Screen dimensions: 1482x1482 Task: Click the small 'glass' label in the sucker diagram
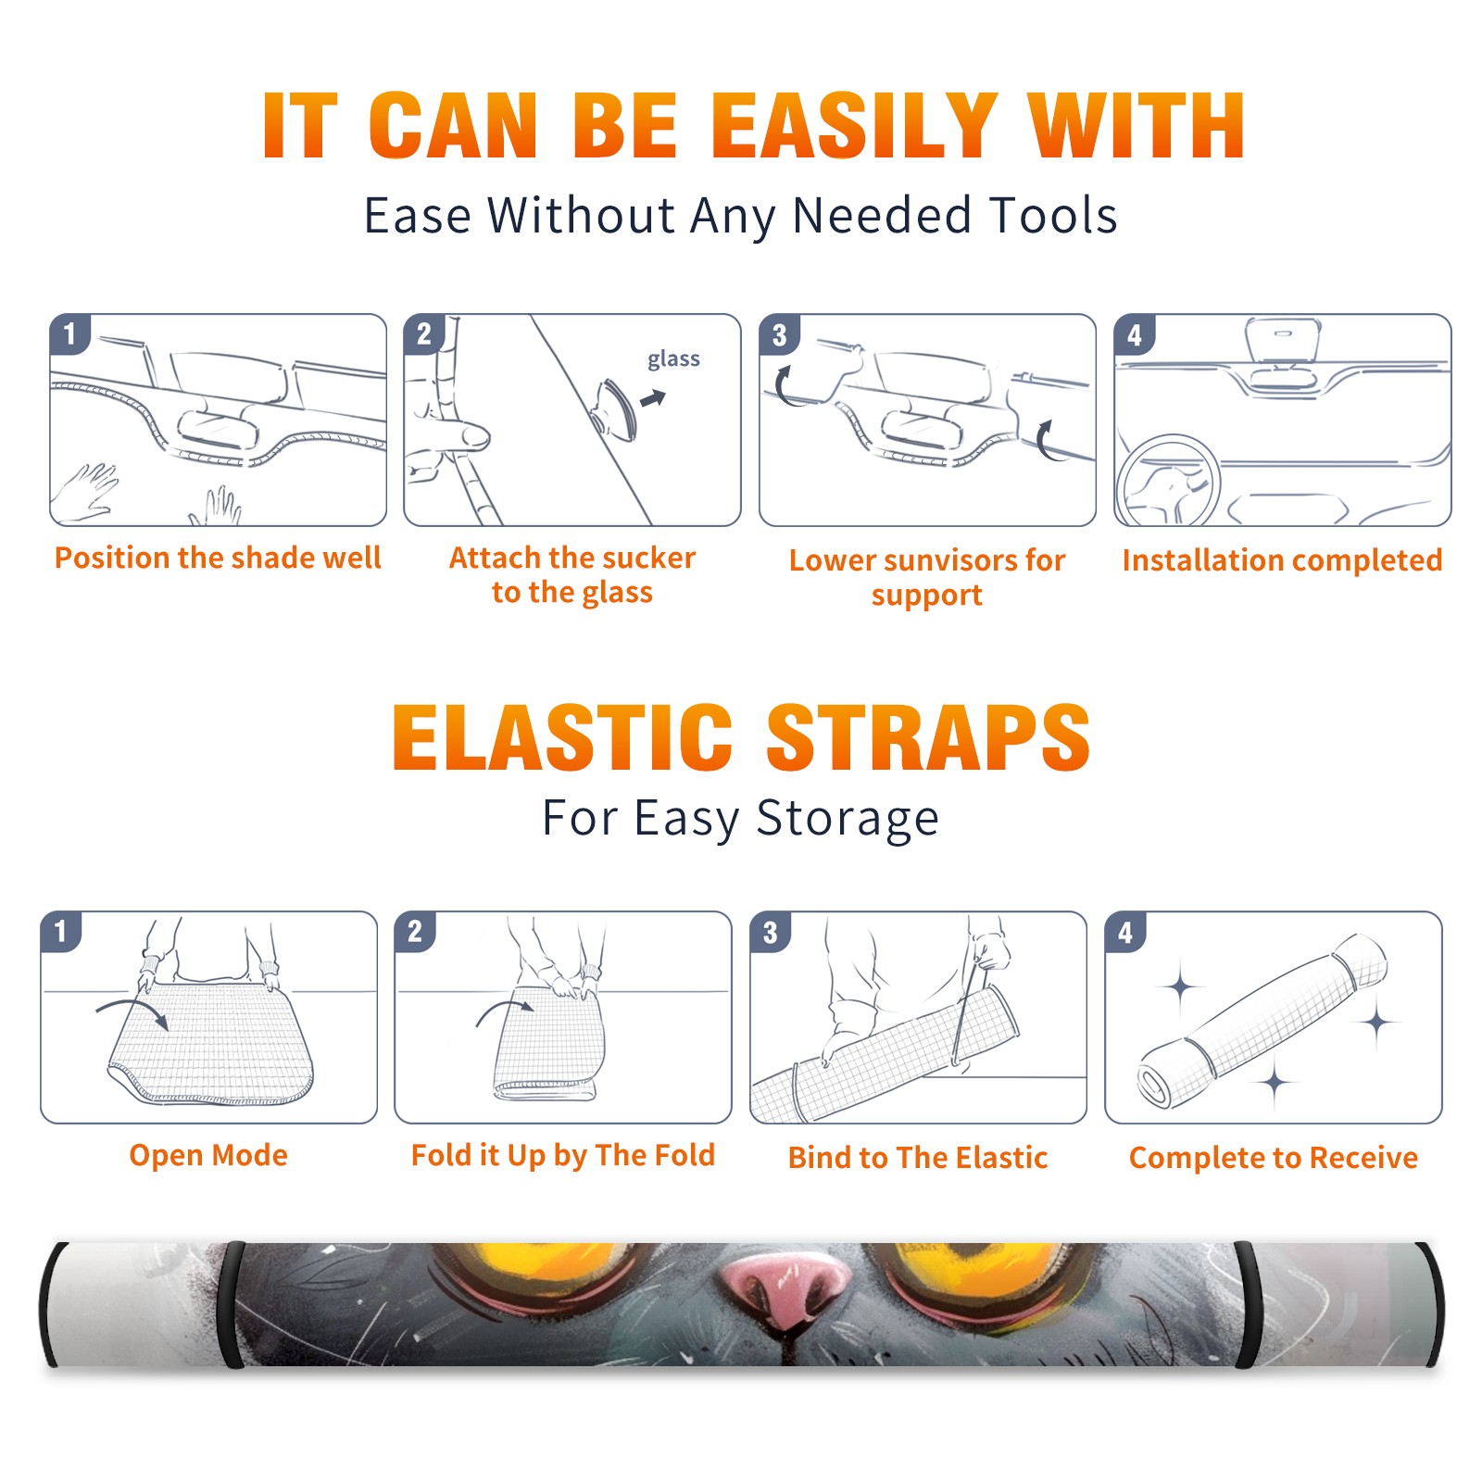click(x=673, y=358)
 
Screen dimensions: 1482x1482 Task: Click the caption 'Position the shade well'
click(x=218, y=558)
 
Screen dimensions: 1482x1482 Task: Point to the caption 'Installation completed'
click(x=1282, y=559)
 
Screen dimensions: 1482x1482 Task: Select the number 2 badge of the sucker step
click(x=424, y=334)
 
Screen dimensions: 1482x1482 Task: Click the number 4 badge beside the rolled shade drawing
click(x=1125, y=932)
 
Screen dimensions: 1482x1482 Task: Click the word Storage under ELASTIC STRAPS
click(x=848, y=819)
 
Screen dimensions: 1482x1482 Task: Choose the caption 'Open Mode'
click(x=208, y=1155)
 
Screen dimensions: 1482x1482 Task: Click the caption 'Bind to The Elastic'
click(x=918, y=1157)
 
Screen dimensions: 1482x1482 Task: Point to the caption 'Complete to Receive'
click(x=1274, y=1157)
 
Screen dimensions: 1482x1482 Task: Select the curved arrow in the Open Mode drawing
click(x=132, y=1008)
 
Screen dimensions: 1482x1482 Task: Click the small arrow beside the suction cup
click(x=654, y=398)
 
